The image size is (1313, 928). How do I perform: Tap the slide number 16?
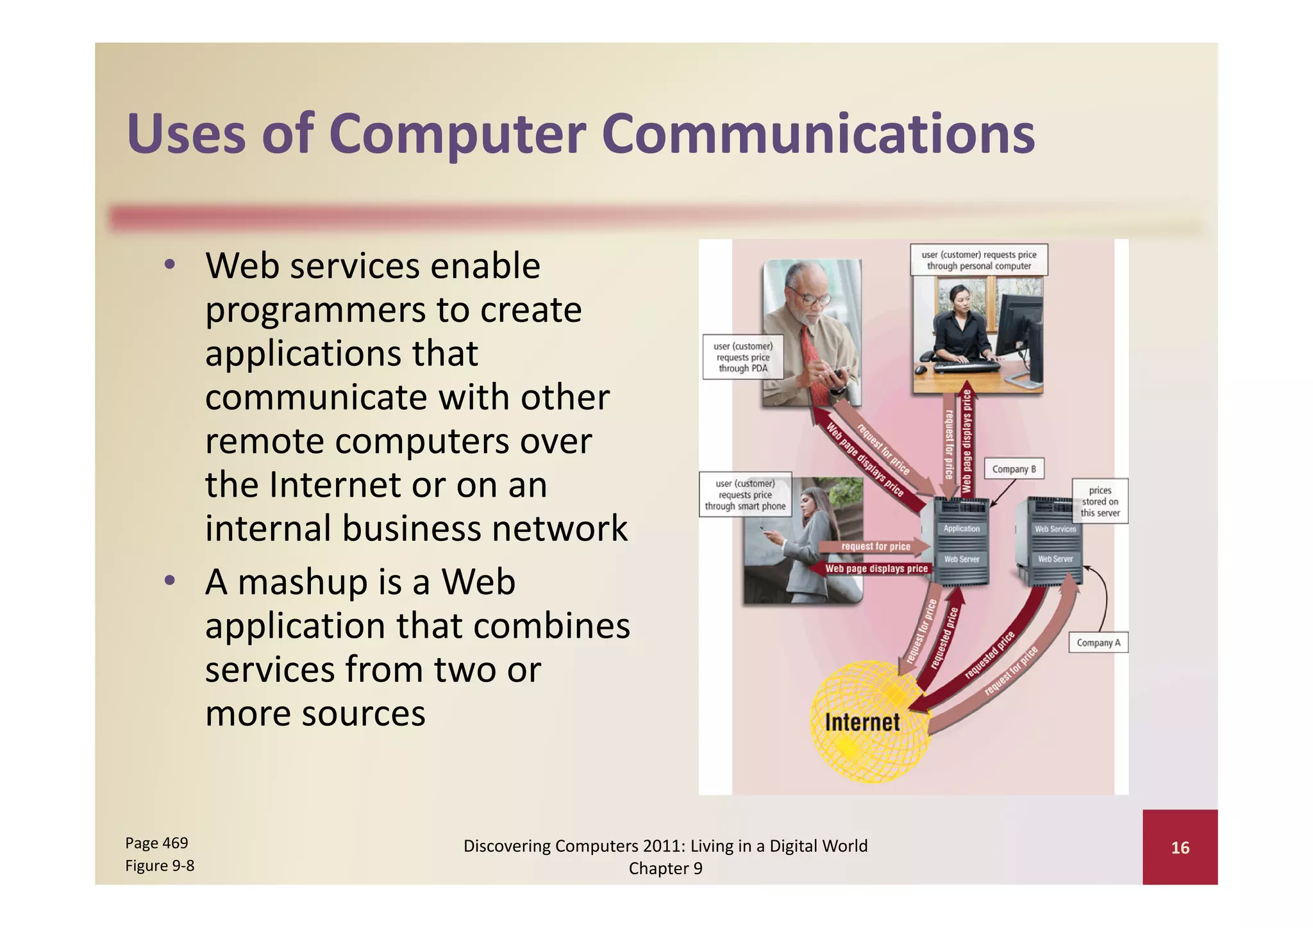pos(1180,848)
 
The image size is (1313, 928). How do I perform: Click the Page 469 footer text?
pos(156,843)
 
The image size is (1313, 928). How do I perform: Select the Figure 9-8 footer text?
pos(160,866)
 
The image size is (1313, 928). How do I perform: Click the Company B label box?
pos(1014,469)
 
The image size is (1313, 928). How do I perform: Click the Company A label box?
pos(1098,643)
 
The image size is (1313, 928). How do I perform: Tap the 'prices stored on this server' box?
pos(1100,501)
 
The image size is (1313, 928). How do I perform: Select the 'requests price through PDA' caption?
pos(742,357)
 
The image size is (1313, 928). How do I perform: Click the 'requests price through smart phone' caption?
pos(745,495)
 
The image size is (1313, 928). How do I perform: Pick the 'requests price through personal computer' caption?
pos(979,260)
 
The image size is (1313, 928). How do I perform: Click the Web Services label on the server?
pos(1055,529)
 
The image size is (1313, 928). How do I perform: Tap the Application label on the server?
pos(961,529)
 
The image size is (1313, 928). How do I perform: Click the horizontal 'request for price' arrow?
pos(875,547)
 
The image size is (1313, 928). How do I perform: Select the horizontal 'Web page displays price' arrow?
pos(876,568)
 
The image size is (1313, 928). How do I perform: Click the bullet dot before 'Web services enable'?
pos(169,265)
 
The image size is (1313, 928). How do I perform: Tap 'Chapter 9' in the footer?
pos(665,868)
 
